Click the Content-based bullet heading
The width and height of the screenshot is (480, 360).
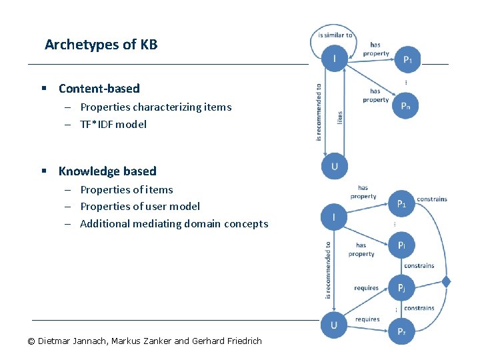(x=99, y=89)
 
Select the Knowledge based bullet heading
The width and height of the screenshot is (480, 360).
(x=107, y=171)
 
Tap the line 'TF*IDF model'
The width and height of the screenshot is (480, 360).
(x=113, y=124)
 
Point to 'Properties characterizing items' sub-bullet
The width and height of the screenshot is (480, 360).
(x=155, y=107)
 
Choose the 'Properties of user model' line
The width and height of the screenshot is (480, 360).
(x=139, y=207)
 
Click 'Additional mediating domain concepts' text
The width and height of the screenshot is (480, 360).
(x=173, y=224)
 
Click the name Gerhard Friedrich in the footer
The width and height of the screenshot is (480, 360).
(x=227, y=341)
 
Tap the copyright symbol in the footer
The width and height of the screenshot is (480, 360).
(x=31, y=341)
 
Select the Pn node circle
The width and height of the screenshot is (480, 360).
(x=405, y=106)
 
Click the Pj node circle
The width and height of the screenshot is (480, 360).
(x=401, y=288)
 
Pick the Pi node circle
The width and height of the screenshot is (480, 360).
(x=401, y=245)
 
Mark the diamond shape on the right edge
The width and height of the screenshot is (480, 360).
(x=446, y=282)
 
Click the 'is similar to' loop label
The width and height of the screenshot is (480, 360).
(x=335, y=35)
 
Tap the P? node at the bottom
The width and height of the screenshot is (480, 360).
(x=401, y=331)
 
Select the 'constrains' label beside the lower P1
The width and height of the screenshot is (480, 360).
(x=431, y=199)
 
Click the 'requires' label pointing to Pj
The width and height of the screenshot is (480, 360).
(x=366, y=288)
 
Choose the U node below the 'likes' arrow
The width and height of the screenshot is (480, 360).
(x=334, y=166)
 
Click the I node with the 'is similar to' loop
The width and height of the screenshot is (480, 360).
(x=334, y=59)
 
